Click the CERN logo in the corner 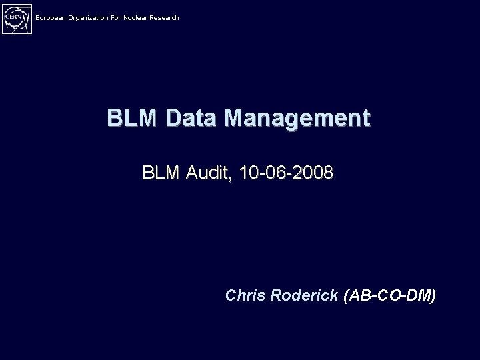point(17,17)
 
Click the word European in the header point(51,17)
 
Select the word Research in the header point(164,17)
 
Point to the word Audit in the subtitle point(207,173)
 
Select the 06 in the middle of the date point(275,173)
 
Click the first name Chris point(247,295)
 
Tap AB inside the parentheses point(360,295)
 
